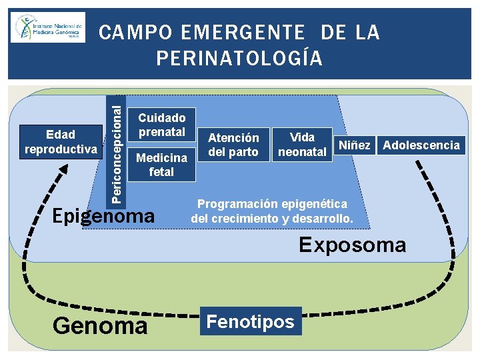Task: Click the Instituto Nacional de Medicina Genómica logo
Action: pyautogui.click(x=48, y=28)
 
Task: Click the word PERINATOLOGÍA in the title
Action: pyautogui.click(x=239, y=59)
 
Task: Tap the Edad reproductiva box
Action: pyautogui.click(x=61, y=141)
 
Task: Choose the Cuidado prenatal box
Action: pyautogui.click(x=161, y=125)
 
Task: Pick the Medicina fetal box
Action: pyautogui.click(x=161, y=165)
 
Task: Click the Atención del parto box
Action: pyautogui.click(x=233, y=145)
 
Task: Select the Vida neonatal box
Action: pyautogui.click(x=303, y=145)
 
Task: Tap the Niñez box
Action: pyautogui.click(x=355, y=145)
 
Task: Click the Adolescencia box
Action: pyautogui.click(x=421, y=145)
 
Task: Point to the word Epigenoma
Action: pyautogui.click(x=103, y=216)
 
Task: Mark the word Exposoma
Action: pyautogui.click(x=352, y=245)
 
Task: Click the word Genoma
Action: pyautogui.click(x=99, y=325)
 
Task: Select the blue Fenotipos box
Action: pyautogui.click(x=250, y=322)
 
